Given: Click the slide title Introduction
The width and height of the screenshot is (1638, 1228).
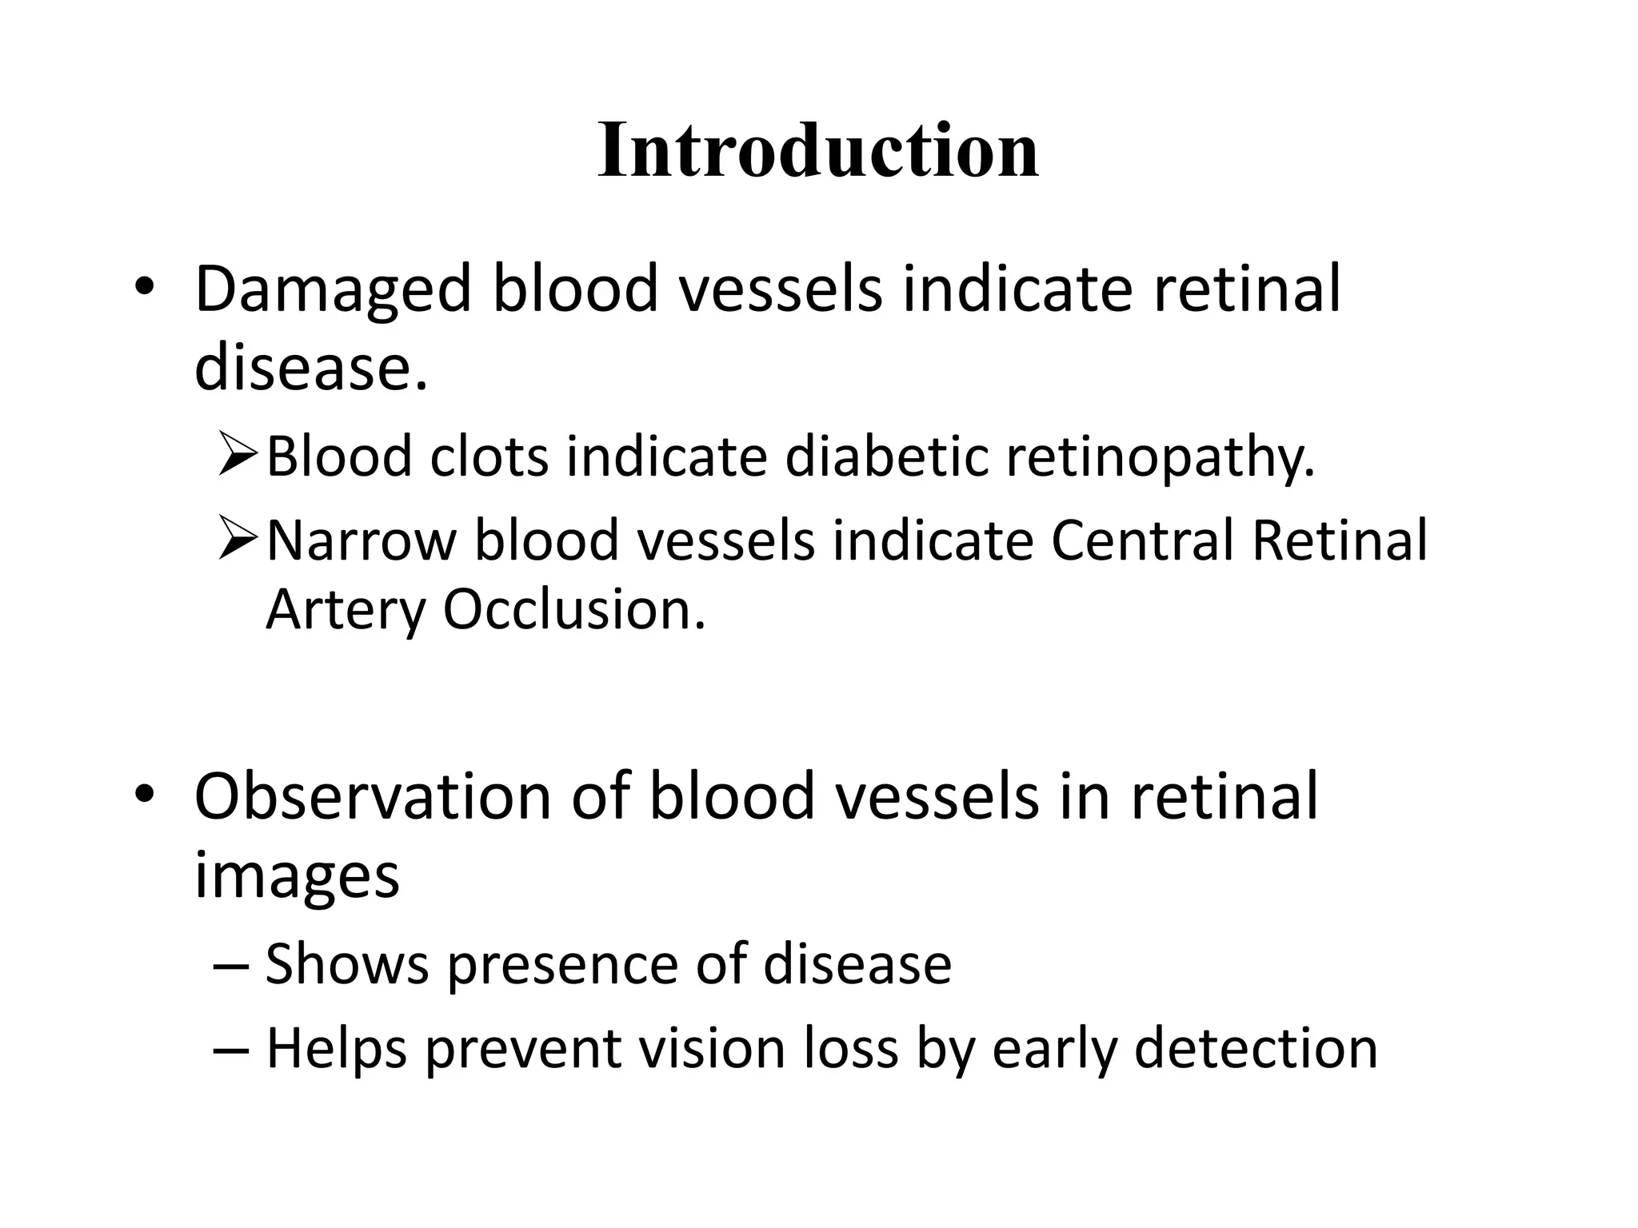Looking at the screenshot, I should click(817, 150).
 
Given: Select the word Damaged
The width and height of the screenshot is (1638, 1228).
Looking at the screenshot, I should click(332, 289).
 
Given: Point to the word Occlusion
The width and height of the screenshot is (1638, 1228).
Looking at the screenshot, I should click(573, 610).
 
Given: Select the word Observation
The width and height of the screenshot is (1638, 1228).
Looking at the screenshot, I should click(373, 796).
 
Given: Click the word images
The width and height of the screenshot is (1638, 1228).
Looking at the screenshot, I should click(297, 875).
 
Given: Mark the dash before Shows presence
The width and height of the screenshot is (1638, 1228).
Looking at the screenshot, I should click(232, 965).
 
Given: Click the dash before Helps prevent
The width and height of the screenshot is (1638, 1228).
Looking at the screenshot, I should click(232, 1048).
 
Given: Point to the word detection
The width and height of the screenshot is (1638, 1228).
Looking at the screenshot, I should click(1256, 1048).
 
